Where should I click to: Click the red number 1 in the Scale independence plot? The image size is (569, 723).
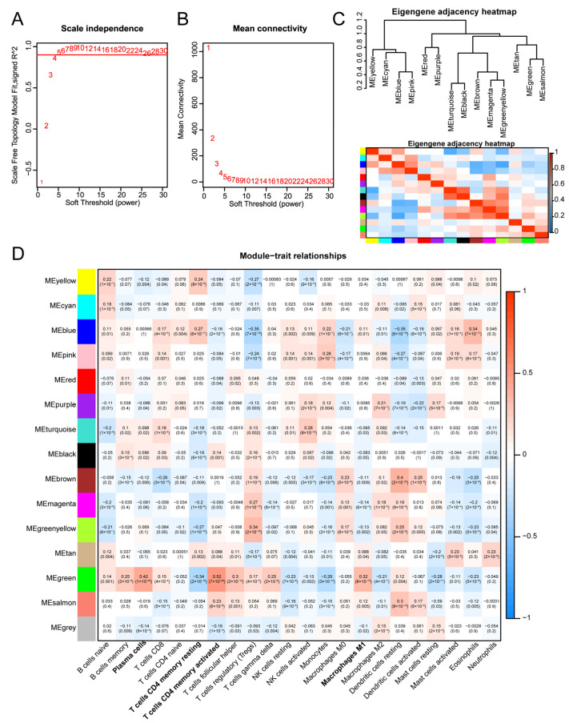coord(42,182)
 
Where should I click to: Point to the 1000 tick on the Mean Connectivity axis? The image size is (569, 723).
coord(186,49)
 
